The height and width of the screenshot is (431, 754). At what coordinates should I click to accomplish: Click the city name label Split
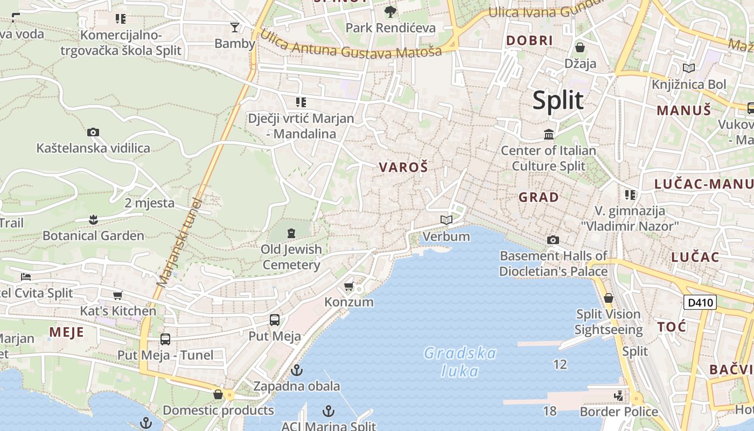[558, 101]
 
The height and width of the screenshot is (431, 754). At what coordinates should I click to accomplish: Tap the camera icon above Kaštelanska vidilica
[93, 132]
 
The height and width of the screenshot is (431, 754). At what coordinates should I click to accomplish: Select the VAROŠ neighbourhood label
[403, 167]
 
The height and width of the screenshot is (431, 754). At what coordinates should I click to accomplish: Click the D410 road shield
[700, 302]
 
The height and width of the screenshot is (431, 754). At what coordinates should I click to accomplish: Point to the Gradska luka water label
[460, 362]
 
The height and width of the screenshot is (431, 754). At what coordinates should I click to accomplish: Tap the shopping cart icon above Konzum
[349, 286]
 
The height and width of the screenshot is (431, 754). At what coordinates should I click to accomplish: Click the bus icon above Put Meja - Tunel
[165, 339]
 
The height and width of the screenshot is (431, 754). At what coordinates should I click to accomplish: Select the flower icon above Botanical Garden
[93, 219]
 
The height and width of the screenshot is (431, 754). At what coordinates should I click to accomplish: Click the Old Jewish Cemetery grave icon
[291, 233]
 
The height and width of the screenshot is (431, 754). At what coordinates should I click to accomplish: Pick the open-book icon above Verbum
[446, 220]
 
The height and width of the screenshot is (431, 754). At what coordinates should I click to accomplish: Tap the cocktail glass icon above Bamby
[235, 27]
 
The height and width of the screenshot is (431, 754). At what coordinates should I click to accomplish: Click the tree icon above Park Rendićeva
[390, 11]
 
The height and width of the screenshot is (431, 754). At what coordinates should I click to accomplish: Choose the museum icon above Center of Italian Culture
[549, 134]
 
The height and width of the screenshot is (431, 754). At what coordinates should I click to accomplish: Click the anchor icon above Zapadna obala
[296, 370]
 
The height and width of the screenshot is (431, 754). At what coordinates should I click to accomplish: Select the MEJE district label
[67, 332]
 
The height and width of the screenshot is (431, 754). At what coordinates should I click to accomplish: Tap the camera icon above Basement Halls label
[553, 240]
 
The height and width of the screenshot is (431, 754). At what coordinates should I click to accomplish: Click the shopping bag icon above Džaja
[580, 47]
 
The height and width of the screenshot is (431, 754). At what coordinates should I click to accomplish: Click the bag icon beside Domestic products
[218, 394]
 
